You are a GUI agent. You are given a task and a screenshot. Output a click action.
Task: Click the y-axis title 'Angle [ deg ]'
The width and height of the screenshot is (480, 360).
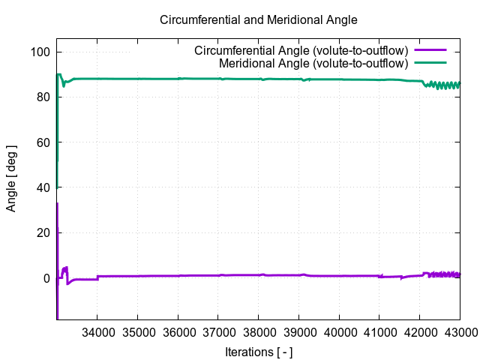11,178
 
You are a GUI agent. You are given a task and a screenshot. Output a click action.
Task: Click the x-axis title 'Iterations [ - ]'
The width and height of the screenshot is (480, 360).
258,352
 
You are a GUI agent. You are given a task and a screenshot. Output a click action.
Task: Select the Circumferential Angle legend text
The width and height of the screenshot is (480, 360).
300,51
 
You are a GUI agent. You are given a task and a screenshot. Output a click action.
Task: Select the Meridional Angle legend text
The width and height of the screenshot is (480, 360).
313,63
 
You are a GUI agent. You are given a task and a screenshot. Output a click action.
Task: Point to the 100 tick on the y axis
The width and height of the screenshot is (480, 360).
41,52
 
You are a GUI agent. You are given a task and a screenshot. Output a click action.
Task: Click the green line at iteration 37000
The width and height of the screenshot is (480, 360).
218,79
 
